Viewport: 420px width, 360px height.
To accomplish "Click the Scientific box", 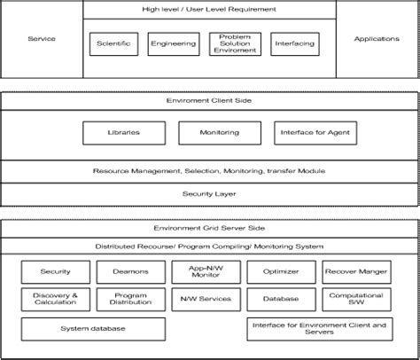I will click(x=114, y=43).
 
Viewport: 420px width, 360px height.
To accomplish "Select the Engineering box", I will click(x=174, y=43).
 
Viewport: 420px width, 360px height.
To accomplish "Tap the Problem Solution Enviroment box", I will click(x=235, y=44).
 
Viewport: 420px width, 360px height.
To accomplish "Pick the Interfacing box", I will click(x=295, y=43).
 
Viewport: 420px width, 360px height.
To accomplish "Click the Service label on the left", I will click(x=41, y=39).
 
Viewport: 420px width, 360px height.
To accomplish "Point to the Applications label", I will click(x=377, y=39).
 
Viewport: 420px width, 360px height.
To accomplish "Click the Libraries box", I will click(x=123, y=133).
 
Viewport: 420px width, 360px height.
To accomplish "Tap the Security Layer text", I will click(x=209, y=193).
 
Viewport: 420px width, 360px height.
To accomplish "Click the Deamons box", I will click(x=129, y=271).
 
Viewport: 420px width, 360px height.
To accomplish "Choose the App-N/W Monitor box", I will click(x=206, y=271).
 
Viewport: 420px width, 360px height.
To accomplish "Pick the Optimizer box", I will click(x=281, y=271).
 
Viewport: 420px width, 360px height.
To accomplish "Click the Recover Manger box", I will click(x=356, y=271).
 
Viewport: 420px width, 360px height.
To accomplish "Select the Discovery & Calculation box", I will click(x=55, y=300).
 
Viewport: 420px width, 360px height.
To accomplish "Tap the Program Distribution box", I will click(x=129, y=300).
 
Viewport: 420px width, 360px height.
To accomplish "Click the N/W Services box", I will click(x=206, y=300).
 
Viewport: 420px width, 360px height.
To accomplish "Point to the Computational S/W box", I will click(x=356, y=300).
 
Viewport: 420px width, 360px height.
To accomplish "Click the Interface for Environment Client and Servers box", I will click(x=318, y=329).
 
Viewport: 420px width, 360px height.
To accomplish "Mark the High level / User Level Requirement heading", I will click(x=209, y=9).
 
